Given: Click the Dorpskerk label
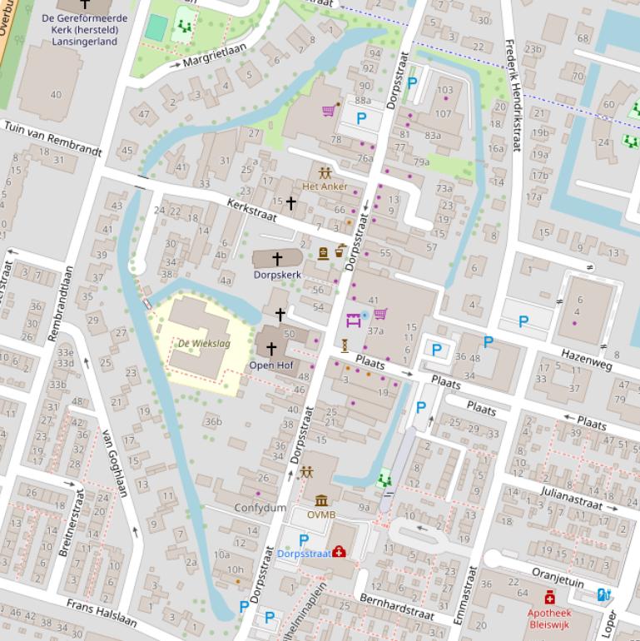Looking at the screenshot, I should (278, 273).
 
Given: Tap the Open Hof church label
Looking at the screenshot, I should (270, 365).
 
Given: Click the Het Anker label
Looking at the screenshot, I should (325, 186).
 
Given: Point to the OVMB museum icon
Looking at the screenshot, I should (321, 500).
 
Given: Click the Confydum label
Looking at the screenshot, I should (260, 508).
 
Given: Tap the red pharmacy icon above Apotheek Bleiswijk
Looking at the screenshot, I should (549, 597).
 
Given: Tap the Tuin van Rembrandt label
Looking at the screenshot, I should (53, 139).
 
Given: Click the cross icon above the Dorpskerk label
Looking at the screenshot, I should (278, 259).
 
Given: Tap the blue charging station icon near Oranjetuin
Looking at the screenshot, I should (604, 594).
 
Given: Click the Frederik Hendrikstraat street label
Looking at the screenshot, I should (513, 96).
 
